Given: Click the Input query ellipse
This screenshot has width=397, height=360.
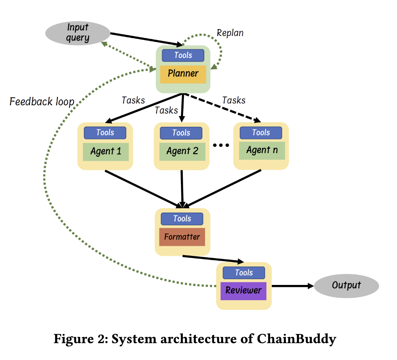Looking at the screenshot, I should tap(78, 33).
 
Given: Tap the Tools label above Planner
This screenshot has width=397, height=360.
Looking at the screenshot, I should tap(183, 55).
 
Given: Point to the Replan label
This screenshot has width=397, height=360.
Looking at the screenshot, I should tap(230, 33).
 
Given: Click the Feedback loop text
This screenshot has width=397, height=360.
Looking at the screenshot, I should tap(41, 102).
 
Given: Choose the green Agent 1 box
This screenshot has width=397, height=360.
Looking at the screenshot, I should tap(105, 151).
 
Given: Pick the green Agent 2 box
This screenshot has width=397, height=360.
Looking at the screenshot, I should tap(182, 151).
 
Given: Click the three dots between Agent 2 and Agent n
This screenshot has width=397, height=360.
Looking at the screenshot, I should tap(220, 146).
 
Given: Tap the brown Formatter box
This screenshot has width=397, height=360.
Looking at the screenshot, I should tap(182, 237).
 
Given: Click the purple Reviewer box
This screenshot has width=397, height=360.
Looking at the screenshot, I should tap(243, 290).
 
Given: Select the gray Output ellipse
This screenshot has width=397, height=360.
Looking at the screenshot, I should tap(346, 286).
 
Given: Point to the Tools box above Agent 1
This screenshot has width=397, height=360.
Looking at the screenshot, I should tap(105, 133).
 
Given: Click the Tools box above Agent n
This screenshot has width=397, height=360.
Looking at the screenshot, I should tap(261, 133).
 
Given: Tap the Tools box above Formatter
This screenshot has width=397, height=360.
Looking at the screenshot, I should tap(182, 219).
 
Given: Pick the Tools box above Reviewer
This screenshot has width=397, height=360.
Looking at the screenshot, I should tap(244, 273).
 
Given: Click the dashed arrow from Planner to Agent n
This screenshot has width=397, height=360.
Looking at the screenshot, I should tap(222, 108).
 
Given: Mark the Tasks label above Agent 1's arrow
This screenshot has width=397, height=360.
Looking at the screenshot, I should tap(133, 100).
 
